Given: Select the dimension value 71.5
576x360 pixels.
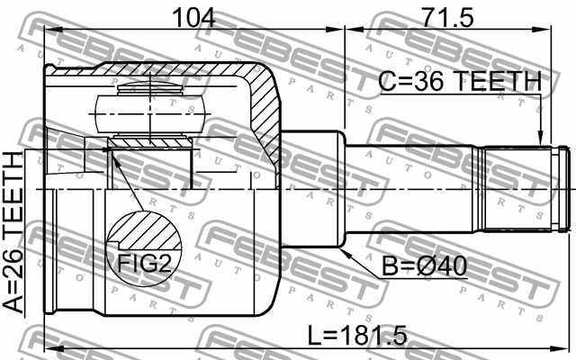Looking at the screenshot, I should point(447,15).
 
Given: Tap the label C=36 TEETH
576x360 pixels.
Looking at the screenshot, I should point(460,82).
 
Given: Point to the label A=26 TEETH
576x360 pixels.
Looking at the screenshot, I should point(15,232).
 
